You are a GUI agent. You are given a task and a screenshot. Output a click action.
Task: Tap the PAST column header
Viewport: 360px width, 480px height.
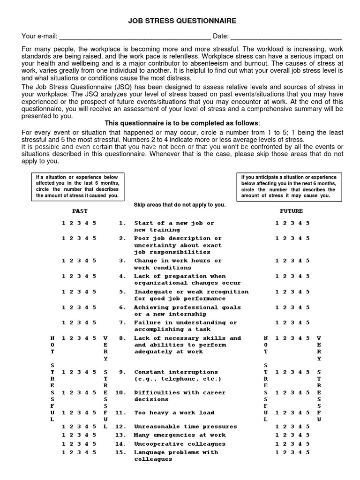pos(80,211)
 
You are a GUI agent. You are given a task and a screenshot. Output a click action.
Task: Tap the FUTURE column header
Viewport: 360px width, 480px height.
pos(292,211)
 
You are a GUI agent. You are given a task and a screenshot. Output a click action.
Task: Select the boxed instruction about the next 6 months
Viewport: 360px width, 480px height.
pos(288,187)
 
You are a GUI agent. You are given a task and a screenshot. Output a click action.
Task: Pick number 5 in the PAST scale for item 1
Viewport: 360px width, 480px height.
pos(95,223)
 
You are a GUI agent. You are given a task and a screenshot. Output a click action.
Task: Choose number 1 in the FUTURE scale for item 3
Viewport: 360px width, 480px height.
pos(277,261)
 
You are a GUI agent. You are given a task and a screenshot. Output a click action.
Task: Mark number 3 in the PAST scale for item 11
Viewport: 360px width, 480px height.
pos(79,413)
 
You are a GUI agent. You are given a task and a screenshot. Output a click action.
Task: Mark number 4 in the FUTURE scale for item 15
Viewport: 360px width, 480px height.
pos(300,452)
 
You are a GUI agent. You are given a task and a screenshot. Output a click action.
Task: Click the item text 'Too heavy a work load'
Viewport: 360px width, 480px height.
pos(174,413)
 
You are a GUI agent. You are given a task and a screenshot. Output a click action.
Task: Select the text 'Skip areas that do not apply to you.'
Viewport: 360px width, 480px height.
pos(180,205)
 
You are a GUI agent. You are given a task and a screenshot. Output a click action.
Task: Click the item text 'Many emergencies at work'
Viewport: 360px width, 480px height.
pos(180,435)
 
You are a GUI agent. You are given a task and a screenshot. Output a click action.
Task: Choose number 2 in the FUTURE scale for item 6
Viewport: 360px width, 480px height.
pos(285,307)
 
